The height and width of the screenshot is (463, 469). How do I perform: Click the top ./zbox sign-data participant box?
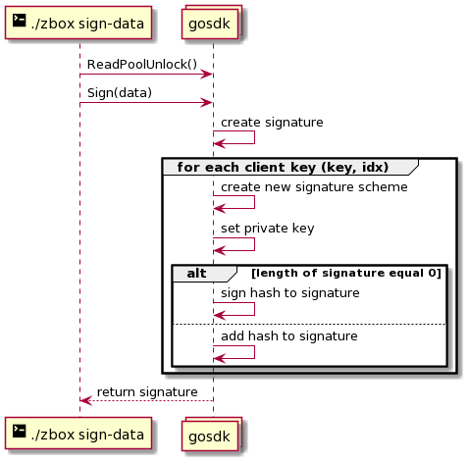tap(78, 23)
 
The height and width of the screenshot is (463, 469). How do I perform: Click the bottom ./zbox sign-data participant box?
tap(78, 434)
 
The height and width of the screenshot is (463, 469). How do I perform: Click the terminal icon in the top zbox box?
tap(20, 21)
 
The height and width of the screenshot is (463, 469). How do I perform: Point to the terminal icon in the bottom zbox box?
tap(20, 431)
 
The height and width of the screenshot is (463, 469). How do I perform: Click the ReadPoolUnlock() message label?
tap(142, 65)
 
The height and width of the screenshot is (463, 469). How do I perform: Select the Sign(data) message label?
tap(120, 93)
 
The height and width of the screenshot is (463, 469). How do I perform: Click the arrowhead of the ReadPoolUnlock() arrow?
tap(207, 75)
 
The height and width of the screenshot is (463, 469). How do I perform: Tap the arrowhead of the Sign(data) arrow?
tap(207, 103)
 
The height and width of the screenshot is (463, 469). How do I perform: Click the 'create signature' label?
tap(272, 123)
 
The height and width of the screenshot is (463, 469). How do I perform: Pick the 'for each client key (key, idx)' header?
tap(283, 167)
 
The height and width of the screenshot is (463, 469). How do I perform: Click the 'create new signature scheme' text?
tap(314, 187)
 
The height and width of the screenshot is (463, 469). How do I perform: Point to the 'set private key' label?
tap(267, 229)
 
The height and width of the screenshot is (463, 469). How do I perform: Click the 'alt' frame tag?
tap(196, 273)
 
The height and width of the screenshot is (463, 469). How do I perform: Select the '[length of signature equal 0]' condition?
tap(346, 273)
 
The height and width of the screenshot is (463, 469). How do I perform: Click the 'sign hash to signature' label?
tap(289, 293)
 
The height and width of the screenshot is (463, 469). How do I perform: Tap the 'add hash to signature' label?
tap(289, 336)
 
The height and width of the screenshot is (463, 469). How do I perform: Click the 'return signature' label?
tap(147, 391)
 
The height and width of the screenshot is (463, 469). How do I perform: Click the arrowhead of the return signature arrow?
tap(86, 400)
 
